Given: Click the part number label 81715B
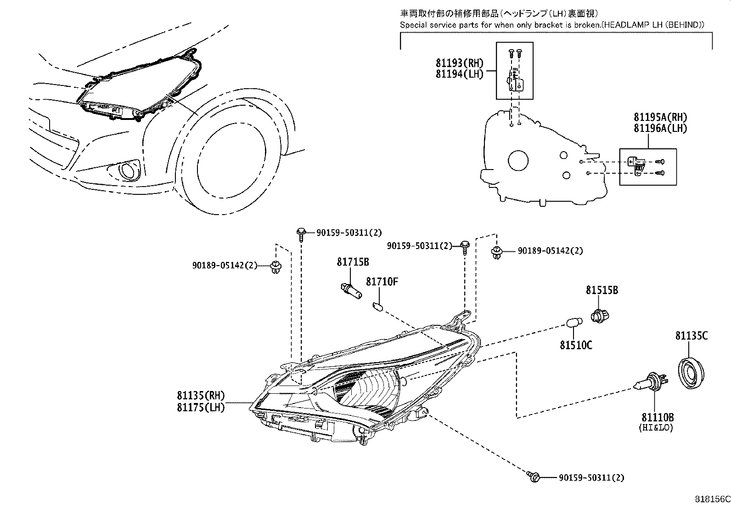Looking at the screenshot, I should pyautogui.click(x=353, y=262).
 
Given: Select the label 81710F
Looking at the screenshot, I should pyautogui.click(x=382, y=281).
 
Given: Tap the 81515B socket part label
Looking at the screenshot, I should pyautogui.click(x=602, y=290).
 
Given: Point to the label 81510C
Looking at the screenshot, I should pyautogui.click(x=576, y=345).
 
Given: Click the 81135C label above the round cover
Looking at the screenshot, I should pyautogui.click(x=691, y=336).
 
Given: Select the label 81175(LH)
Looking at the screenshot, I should pyautogui.click(x=201, y=407).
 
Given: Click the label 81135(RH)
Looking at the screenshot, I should pyautogui.click(x=201, y=395).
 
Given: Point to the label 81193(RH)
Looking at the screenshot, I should pyautogui.click(x=460, y=63).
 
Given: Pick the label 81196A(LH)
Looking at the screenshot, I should pyautogui.click(x=660, y=128).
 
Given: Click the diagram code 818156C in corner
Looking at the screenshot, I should pyautogui.click(x=711, y=499).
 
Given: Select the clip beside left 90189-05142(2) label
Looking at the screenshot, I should pyautogui.click(x=276, y=267).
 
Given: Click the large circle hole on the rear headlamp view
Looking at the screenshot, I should pyautogui.click(x=518, y=160).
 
